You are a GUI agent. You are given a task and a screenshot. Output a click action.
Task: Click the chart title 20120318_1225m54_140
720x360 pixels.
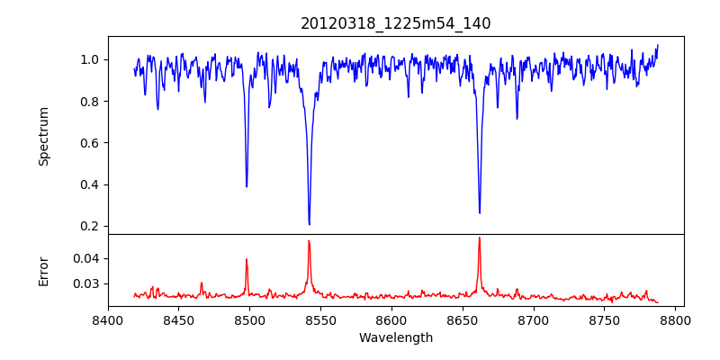tap(396, 23)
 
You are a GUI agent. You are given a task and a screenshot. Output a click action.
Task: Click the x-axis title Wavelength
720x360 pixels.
tap(396, 338)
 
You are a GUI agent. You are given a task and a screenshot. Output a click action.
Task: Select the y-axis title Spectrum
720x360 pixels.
tap(43, 136)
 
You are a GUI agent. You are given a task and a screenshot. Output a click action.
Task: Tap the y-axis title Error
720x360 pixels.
tap(43, 271)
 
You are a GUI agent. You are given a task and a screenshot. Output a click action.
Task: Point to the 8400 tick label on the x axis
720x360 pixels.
tap(108, 319)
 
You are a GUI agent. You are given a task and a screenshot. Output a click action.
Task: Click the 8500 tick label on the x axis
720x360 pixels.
tap(249, 319)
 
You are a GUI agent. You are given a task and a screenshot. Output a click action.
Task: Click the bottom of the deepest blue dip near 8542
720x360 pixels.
tap(309, 224)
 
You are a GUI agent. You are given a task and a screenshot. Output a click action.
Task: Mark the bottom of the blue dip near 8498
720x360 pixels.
tap(247, 186)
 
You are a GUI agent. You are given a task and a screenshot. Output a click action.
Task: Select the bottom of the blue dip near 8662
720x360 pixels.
tap(480, 213)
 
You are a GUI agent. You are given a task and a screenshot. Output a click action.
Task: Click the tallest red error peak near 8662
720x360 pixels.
tap(479, 238)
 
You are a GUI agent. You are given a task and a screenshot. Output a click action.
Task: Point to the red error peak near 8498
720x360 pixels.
tap(247, 260)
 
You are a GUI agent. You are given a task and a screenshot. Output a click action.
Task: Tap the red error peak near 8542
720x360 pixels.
tap(309, 241)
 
